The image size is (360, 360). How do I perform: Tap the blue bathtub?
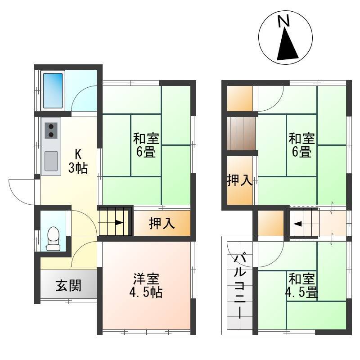(53, 90)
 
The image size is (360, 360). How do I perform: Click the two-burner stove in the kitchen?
(51, 130)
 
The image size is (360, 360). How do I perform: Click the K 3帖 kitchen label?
(78, 161)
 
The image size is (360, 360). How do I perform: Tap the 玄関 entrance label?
(68, 286)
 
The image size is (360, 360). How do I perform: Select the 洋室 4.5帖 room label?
(146, 285)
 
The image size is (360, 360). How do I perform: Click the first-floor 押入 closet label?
(162, 223)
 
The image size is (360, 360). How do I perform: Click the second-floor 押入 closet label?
(240, 180)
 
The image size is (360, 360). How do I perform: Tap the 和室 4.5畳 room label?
(301, 285)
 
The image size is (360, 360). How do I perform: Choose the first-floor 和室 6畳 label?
(146, 145)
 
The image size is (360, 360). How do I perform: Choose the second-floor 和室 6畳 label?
(301, 145)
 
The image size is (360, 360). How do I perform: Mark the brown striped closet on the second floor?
(241, 133)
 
